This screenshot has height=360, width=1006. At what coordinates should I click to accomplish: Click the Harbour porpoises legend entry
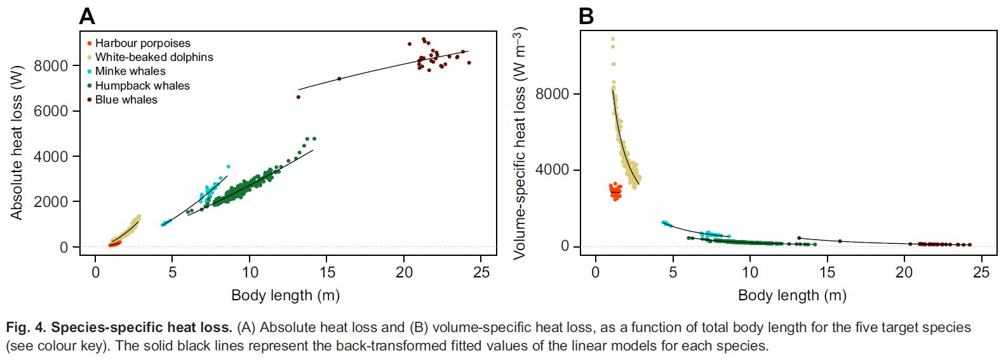142,43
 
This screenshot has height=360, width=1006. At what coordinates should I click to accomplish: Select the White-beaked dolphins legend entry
154,57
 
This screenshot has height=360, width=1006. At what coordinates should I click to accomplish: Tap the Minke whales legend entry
130,71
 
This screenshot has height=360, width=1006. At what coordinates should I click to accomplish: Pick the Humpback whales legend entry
142,86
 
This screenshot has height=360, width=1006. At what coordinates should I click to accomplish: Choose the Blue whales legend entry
126,100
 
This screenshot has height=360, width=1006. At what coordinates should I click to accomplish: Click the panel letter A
87,17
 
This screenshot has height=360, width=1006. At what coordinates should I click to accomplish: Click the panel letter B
586,17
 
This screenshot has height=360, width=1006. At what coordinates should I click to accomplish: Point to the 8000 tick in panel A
51,66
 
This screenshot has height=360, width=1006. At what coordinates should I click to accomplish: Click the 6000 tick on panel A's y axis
51,111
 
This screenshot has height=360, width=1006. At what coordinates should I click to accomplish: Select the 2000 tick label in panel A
51,202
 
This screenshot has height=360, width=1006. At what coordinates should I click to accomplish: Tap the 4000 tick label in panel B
552,170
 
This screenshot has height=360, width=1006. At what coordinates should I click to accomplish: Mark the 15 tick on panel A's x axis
327,272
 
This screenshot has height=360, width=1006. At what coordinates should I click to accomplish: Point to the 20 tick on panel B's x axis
904,272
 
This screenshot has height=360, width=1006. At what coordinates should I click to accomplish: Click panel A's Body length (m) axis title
285,295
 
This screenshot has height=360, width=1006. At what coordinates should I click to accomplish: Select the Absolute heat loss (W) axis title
17,142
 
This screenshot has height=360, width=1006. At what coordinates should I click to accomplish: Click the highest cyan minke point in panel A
229,167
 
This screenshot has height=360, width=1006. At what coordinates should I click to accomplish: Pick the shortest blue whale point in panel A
298,97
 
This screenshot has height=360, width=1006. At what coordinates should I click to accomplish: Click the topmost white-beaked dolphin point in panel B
613,39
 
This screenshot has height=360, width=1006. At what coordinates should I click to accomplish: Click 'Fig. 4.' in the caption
26,328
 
